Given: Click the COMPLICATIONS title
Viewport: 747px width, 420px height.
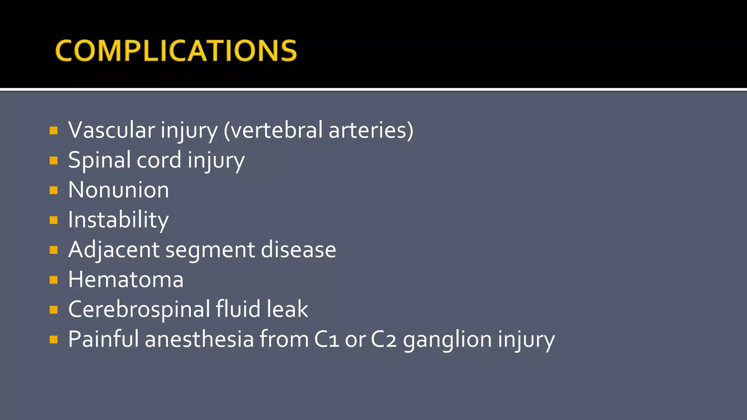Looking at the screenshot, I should (176, 50).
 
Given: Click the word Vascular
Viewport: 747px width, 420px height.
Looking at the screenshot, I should (112, 130).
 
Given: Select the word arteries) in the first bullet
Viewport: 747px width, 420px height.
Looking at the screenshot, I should (371, 130).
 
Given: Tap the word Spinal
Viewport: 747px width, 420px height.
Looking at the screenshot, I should (99, 160).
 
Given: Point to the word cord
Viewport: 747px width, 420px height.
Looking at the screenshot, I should (159, 160).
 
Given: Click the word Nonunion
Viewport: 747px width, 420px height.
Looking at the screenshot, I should (119, 190).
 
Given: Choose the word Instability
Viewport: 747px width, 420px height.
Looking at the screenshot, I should (119, 220).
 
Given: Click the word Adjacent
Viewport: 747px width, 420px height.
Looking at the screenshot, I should (114, 250).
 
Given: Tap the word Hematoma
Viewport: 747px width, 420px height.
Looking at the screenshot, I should (126, 280).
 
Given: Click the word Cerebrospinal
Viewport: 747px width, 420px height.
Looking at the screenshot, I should (139, 310).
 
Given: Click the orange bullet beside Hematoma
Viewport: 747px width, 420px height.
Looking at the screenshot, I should (54, 280).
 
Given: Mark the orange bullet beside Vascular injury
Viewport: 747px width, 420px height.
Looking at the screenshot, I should (54, 131).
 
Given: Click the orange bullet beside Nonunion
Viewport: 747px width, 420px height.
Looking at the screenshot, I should (54, 190).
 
